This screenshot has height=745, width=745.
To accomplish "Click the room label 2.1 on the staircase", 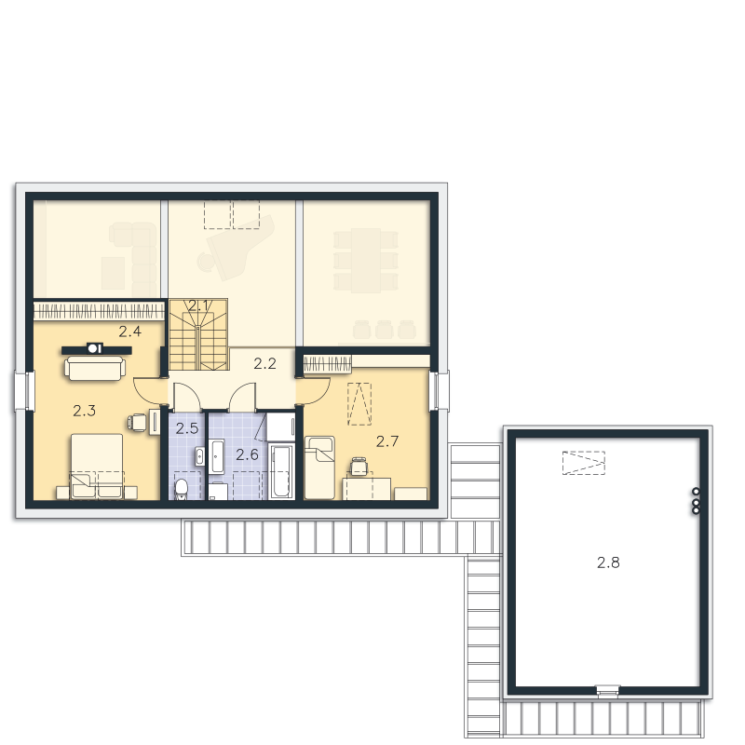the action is pos(197,306).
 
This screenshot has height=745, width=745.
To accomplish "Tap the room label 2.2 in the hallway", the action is pos(264,363).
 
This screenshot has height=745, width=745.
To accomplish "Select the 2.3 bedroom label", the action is pos(84,411).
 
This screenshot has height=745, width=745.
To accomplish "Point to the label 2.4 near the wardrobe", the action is pos(129,332).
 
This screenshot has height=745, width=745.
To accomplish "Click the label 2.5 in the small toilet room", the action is pos(187,428).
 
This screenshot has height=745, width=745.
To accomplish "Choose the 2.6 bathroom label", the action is pos(247,454).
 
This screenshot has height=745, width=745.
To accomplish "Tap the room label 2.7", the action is pos(387,441).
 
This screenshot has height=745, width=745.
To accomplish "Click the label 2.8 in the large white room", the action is pos(608,562).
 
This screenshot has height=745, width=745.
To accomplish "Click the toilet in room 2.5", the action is pos(181,489).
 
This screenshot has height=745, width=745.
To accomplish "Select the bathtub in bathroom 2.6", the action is pos(280,471).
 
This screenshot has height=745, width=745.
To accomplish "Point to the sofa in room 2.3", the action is pos(95,368).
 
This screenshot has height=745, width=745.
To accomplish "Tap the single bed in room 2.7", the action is pos(319,468).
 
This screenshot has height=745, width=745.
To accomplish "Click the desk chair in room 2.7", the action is pos(359,467).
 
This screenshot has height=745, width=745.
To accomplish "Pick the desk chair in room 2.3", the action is pos(137,422).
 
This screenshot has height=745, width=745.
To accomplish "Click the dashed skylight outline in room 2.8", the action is pos(584,463).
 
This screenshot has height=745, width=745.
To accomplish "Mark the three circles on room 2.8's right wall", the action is pos(696,501).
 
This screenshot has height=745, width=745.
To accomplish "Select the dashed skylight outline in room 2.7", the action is pos(359,404).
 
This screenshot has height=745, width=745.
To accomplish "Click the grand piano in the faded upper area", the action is pos(237,247).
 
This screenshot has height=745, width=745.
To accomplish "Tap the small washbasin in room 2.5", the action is pos(199,456).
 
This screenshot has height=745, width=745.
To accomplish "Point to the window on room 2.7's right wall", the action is pos(439,390).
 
